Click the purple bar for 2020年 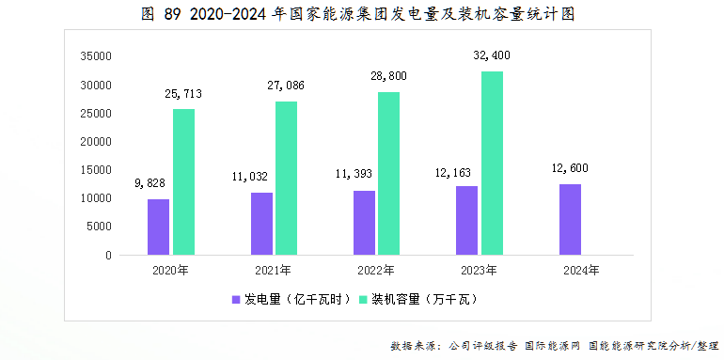[x=158, y=227]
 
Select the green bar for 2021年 [x=286, y=178]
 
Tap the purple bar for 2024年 [x=570, y=219]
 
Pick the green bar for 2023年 [x=493, y=163]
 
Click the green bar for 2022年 [x=389, y=173]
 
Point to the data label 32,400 [x=493, y=56]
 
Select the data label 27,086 [x=286, y=86]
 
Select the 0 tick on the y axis [x=109, y=255]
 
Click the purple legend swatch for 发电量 [x=236, y=300]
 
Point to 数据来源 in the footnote [x=411, y=346]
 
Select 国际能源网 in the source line [x=553, y=346]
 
